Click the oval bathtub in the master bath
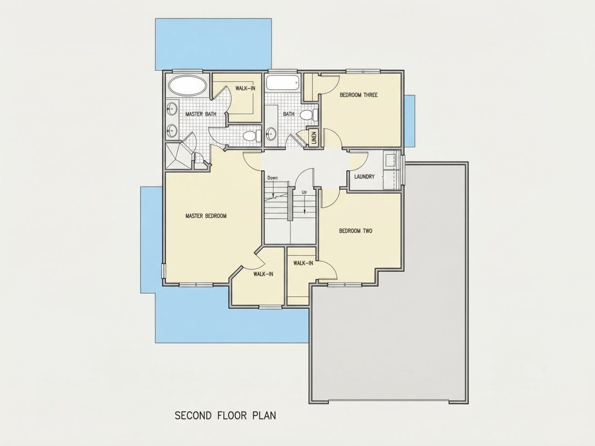pyautogui.click(x=188, y=86)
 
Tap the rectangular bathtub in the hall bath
pyautogui.click(x=283, y=83)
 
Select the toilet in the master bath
pyautogui.click(x=252, y=135)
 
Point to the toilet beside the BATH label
pyautogui.click(x=309, y=114)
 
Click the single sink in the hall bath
pyautogui.click(x=271, y=133)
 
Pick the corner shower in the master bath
pyautogui.click(x=178, y=156)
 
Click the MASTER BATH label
pyautogui.click(x=201, y=114)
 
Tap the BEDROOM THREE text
pyautogui.click(x=359, y=95)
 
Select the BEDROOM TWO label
pyautogui.click(x=355, y=231)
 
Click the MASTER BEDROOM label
pyautogui.click(x=206, y=216)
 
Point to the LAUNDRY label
pyautogui.click(x=364, y=176)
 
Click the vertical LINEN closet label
pyautogui.click(x=314, y=138)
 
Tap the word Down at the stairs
pyautogui.click(x=273, y=177)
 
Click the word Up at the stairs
pyautogui.click(x=304, y=192)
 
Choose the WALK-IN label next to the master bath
pyautogui.click(x=245, y=88)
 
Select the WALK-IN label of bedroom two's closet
pyautogui.click(x=303, y=263)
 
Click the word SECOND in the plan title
pyautogui.click(x=193, y=415)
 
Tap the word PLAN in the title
pyautogui.click(x=264, y=415)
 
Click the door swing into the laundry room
pyautogui.click(x=359, y=159)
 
